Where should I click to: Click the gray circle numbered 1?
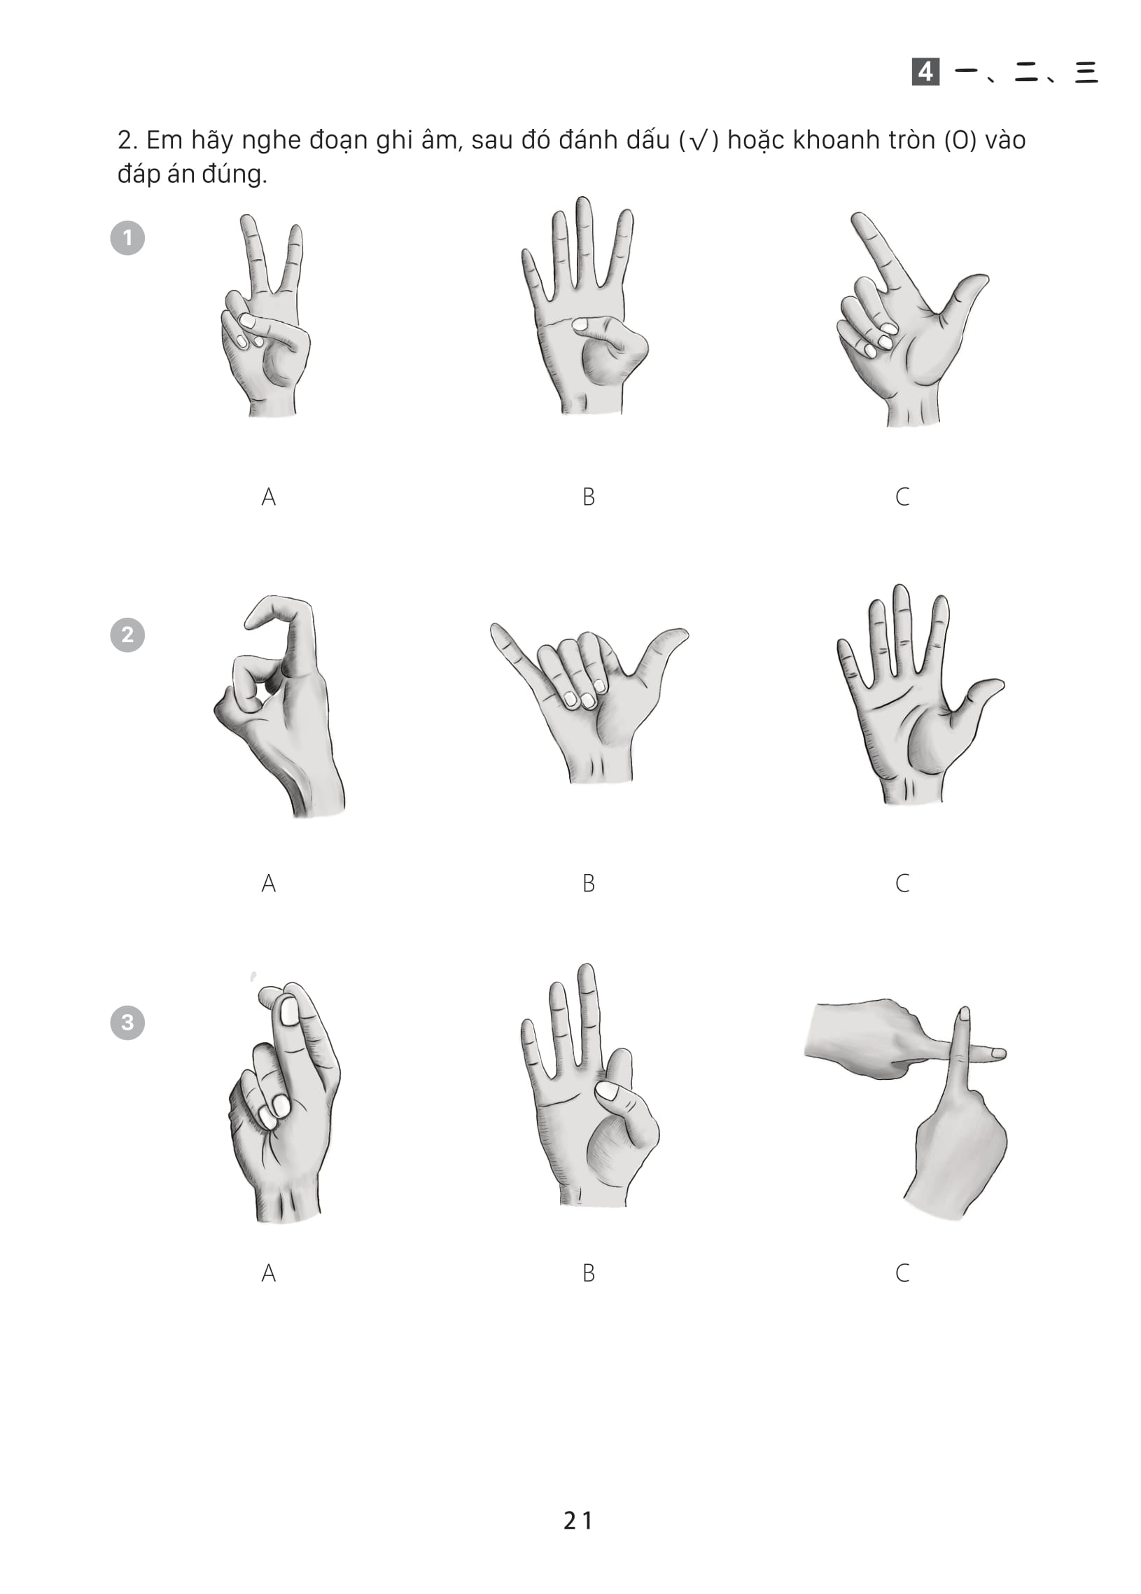pos(127,238)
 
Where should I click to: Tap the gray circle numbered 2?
pos(127,635)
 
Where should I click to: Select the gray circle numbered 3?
pos(127,1022)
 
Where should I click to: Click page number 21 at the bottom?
pos(578,1521)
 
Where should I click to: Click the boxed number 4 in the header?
pos(925,71)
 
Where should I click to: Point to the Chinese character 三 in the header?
pos(1086,71)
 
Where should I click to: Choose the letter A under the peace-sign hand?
pos(268,497)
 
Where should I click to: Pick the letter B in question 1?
pos(589,497)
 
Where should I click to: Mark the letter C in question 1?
pos(903,497)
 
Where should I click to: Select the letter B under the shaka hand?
pos(589,882)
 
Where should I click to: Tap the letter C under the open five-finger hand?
pos(903,882)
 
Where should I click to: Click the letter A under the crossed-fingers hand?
pos(268,1273)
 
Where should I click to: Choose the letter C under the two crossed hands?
pos(903,1273)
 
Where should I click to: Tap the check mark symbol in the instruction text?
pos(699,141)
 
